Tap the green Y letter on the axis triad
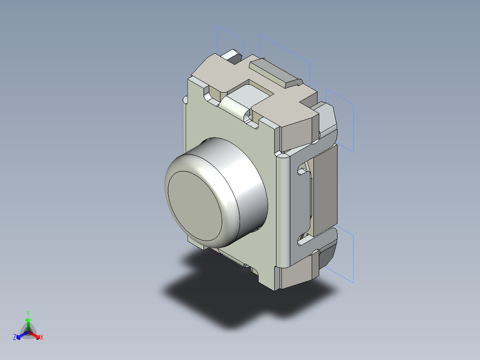(28, 313)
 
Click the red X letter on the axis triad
(42, 338)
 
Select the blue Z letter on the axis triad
(15, 338)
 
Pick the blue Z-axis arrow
(20, 335)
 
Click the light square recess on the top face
(249, 94)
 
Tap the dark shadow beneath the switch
(232, 303)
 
